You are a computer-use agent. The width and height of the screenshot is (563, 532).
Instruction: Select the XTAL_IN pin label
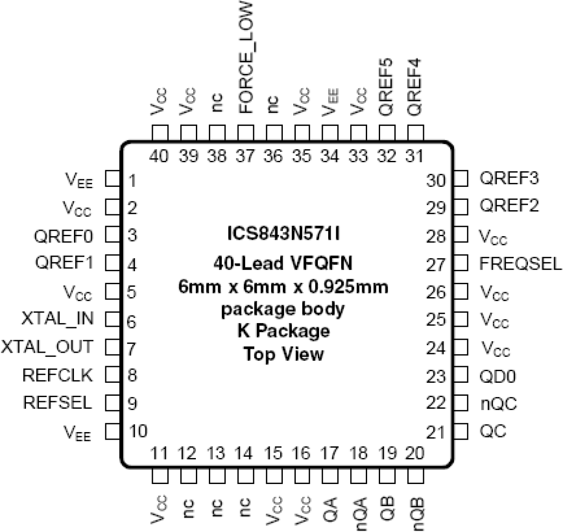57,319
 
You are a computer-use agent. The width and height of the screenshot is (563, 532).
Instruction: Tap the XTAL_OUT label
47,347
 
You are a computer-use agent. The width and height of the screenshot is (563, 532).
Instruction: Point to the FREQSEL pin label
520,264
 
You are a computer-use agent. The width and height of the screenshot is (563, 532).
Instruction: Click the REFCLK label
57,375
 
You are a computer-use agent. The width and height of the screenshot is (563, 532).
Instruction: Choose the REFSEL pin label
57,402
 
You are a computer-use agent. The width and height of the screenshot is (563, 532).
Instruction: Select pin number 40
159,156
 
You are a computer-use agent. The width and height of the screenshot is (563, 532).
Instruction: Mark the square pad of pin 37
245,133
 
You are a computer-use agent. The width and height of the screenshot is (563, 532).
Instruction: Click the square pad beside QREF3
460,179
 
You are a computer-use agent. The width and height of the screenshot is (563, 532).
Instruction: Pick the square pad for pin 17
330,476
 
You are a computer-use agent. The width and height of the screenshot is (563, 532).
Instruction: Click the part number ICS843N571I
283,234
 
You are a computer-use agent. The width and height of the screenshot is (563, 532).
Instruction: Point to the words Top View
283,354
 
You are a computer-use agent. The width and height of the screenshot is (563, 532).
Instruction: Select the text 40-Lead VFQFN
283,263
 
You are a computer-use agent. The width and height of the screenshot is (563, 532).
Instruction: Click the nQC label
498,404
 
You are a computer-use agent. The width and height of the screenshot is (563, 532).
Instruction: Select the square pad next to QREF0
113,235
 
